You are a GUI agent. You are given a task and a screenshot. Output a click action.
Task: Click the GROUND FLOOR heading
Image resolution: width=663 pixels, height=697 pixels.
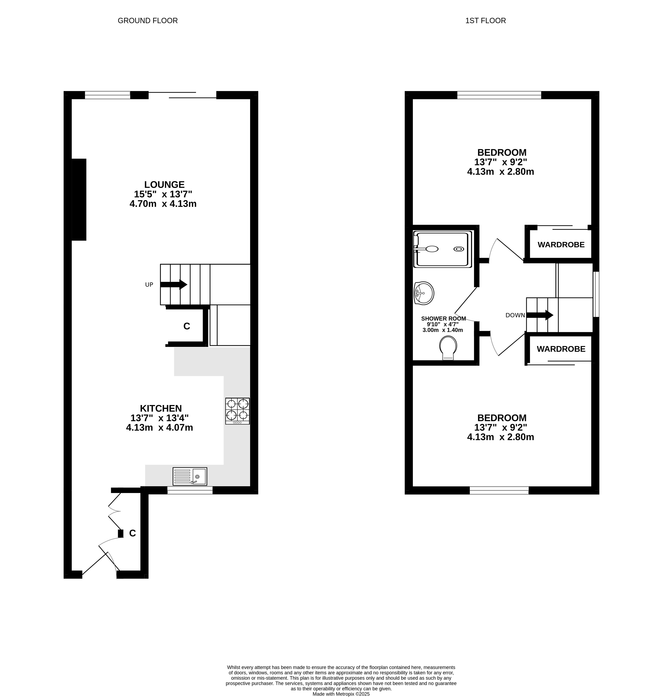click(x=148, y=20)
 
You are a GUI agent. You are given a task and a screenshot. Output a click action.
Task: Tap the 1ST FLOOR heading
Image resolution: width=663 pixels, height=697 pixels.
click(x=485, y=20)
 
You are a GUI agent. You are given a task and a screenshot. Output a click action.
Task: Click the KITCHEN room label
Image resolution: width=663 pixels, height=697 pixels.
click(x=161, y=408)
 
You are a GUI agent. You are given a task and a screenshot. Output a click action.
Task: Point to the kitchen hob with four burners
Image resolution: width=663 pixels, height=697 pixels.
click(x=237, y=411)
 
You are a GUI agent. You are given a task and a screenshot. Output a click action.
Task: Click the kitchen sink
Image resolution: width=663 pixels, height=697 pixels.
click(x=190, y=476)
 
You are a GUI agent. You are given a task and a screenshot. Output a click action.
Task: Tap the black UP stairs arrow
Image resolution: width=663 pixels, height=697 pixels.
click(x=174, y=284)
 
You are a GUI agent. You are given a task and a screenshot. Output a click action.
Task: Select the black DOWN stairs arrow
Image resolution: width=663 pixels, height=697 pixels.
click(x=540, y=315)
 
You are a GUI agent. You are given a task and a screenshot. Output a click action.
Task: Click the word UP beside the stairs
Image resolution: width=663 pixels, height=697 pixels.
click(x=149, y=284)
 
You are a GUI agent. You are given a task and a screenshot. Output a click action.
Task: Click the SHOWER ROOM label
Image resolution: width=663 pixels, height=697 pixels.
click(x=444, y=318)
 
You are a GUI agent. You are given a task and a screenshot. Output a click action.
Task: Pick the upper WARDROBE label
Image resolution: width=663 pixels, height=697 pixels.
click(x=561, y=244)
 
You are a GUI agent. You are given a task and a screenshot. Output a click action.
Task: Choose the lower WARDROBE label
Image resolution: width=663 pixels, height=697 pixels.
click(x=561, y=349)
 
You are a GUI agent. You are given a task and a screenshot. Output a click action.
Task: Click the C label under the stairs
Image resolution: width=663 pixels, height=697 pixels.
click(x=187, y=326)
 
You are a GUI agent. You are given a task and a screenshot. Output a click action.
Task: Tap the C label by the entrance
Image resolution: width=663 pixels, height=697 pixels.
click(x=133, y=533)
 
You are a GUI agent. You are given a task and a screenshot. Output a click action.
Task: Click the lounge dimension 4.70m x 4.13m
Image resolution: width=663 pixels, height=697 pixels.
click(x=163, y=204)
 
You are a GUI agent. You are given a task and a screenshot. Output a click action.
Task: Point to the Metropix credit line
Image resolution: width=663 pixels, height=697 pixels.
click(x=341, y=694)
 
